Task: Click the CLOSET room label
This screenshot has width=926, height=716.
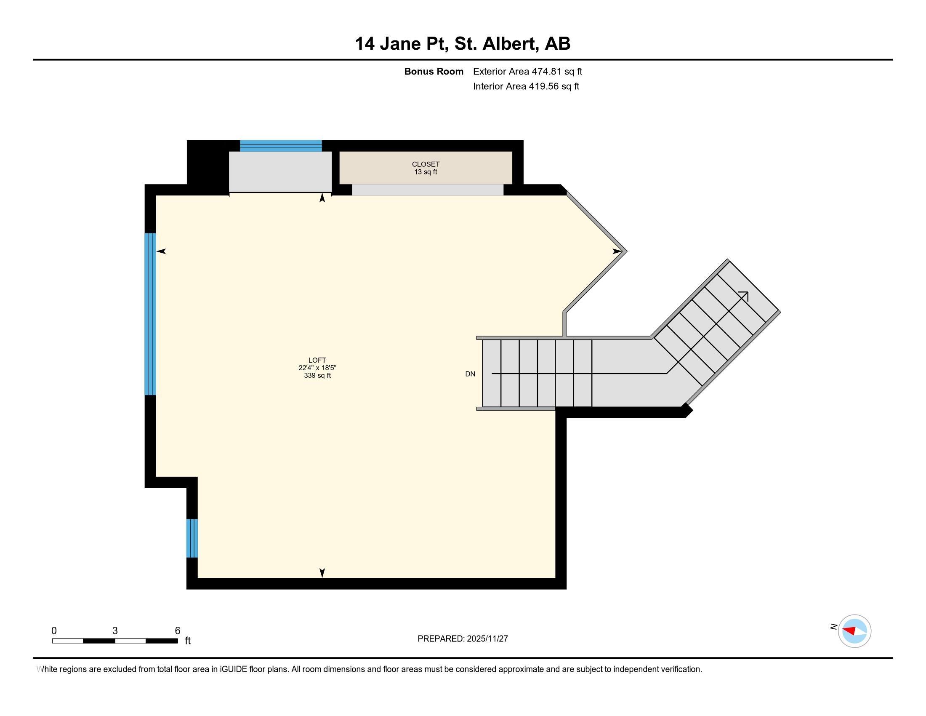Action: [x=426, y=164]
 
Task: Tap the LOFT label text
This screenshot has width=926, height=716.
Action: [x=317, y=360]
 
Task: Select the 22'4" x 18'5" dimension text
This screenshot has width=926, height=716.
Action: [x=317, y=368]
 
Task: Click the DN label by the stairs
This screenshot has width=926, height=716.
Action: [x=470, y=374]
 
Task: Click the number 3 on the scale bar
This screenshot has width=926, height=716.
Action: [x=115, y=631]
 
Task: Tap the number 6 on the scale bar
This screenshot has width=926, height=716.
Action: [x=178, y=631]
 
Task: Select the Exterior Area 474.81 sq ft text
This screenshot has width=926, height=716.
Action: [x=527, y=72]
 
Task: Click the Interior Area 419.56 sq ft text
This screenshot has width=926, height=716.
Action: [x=526, y=86]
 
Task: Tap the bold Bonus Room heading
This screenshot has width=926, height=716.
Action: [x=433, y=72]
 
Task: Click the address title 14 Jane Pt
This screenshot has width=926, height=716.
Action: [x=401, y=44]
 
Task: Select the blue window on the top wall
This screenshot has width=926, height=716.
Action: [x=281, y=146]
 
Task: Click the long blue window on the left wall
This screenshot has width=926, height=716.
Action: [x=150, y=314]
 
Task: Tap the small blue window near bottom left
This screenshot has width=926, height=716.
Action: [x=192, y=538]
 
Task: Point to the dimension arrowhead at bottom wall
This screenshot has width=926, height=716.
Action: [x=322, y=573]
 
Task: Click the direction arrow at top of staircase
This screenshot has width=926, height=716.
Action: [x=744, y=296]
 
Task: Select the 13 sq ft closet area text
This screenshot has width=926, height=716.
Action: [x=426, y=172]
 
